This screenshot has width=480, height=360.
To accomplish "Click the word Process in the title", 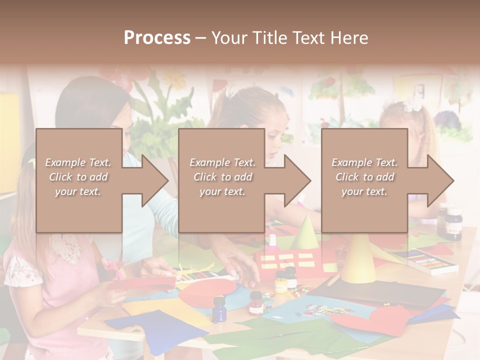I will [157, 38].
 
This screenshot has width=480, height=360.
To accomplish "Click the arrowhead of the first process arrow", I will [154, 180].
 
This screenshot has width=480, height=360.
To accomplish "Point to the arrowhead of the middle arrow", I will [297, 180].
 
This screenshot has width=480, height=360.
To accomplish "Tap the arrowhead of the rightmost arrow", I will [440, 180].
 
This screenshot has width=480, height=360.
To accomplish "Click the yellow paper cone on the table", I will [358, 260].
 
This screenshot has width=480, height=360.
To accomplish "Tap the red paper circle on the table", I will [207, 292].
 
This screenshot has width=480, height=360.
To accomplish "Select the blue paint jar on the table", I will [219, 308].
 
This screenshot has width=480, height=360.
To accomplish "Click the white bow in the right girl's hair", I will [412, 104].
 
